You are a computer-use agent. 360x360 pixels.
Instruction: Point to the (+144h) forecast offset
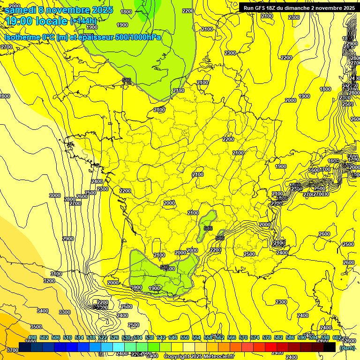[x=83, y=21]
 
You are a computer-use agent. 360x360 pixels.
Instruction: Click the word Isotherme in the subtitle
[x=22, y=37]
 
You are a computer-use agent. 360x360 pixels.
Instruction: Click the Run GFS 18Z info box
[x=297, y=7]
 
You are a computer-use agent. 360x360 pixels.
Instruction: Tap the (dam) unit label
[x=347, y=347]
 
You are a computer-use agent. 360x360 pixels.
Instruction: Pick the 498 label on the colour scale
[x=32, y=338]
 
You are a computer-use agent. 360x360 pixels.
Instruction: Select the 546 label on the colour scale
[x=172, y=338]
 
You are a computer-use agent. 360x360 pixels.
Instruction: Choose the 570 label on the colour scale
[x=243, y=338]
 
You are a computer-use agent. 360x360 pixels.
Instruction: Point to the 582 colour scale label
[x=278, y=338]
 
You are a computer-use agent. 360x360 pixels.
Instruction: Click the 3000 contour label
[x=55, y=195]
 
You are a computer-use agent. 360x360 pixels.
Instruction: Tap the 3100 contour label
[x=56, y=274]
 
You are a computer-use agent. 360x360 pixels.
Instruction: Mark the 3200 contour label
[x=49, y=281]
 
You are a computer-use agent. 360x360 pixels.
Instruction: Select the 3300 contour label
[x=65, y=312]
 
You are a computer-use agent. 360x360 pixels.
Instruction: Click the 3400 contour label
[x=43, y=311]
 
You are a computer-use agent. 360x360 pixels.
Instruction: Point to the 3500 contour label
[x=36, y=327]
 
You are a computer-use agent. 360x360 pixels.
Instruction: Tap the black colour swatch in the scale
[x=330, y=347]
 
